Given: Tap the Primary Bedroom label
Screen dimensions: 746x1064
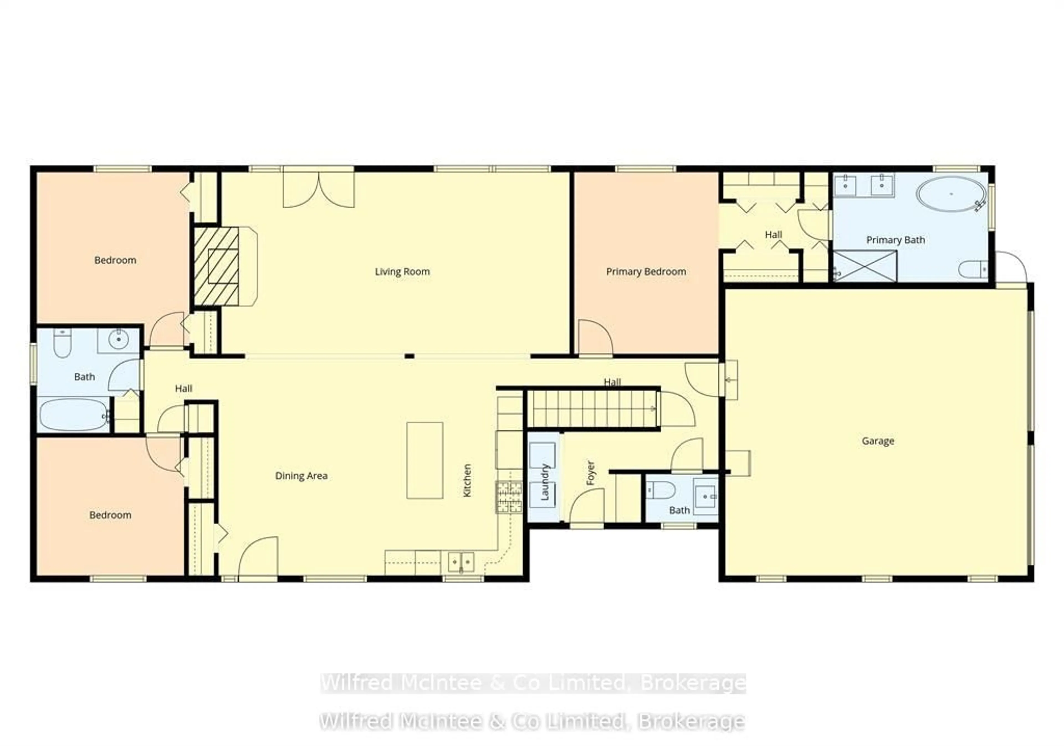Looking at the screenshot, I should (x=646, y=271).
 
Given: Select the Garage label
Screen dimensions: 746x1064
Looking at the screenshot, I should (x=878, y=441).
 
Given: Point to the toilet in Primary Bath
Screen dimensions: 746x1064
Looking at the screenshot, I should (x=973, y=269).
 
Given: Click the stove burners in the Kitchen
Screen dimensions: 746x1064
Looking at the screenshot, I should (x=509, y=497).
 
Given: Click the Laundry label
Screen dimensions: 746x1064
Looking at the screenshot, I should (x=545, y=482).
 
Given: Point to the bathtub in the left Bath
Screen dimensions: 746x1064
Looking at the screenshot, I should (x=73, y=415).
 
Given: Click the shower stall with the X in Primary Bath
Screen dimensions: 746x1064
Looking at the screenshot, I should (x=865, y=266).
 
